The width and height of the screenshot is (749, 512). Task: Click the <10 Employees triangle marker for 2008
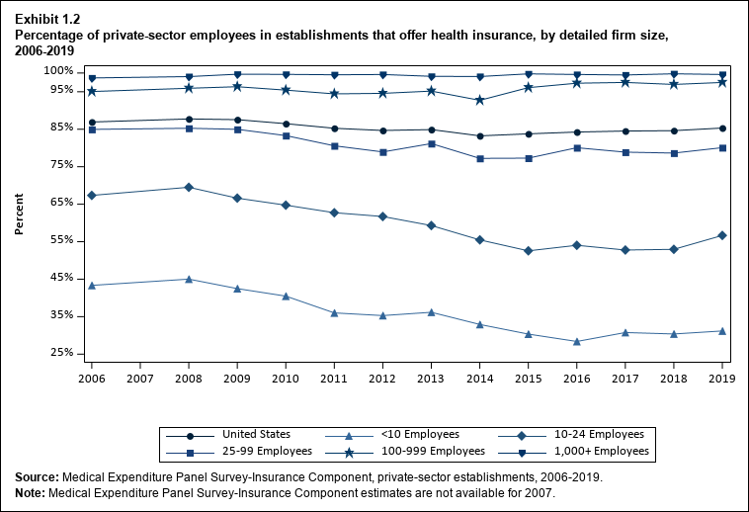click(189, 279)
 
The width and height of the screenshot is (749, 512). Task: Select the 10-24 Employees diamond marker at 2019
click(722, 235)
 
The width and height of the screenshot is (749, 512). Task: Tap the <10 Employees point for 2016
click(577, 341)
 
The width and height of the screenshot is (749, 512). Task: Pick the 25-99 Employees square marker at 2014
click(480, 158)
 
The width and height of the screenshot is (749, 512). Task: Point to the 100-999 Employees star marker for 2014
click(480, 100)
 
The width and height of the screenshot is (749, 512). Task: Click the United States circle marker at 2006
click(92, 123)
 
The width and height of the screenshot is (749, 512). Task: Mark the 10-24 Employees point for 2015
click(529, 251)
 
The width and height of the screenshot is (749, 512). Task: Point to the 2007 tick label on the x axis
click(140, 379)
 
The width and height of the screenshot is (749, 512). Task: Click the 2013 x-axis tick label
click(432, 379)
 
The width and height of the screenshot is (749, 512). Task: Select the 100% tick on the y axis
click(58, 71)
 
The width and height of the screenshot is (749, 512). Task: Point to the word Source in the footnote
click(35, 477)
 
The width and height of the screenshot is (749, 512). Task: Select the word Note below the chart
click(30, 491)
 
